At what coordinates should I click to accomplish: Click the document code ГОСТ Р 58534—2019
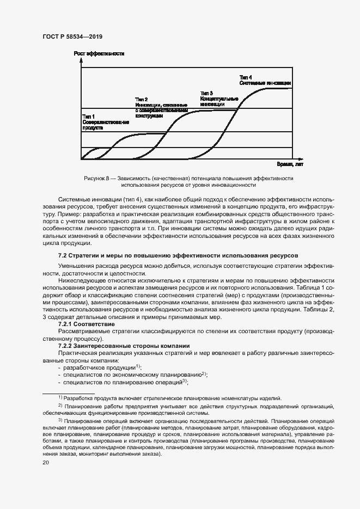pos(72,36)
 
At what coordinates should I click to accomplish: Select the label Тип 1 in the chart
pos(89,116)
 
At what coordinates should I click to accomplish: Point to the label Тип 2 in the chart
pos(142,99)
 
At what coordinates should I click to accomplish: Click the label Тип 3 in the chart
pos(206,93)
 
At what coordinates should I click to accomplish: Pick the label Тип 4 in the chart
pos(246,77)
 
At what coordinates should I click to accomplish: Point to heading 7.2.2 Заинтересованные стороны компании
pos(124,346)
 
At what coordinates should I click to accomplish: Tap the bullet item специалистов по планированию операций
pos(123,382)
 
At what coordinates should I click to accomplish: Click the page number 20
pos(46,462)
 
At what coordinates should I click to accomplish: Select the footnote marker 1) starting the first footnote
pos(60,398)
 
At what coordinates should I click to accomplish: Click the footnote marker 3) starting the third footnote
pos(60,420)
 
